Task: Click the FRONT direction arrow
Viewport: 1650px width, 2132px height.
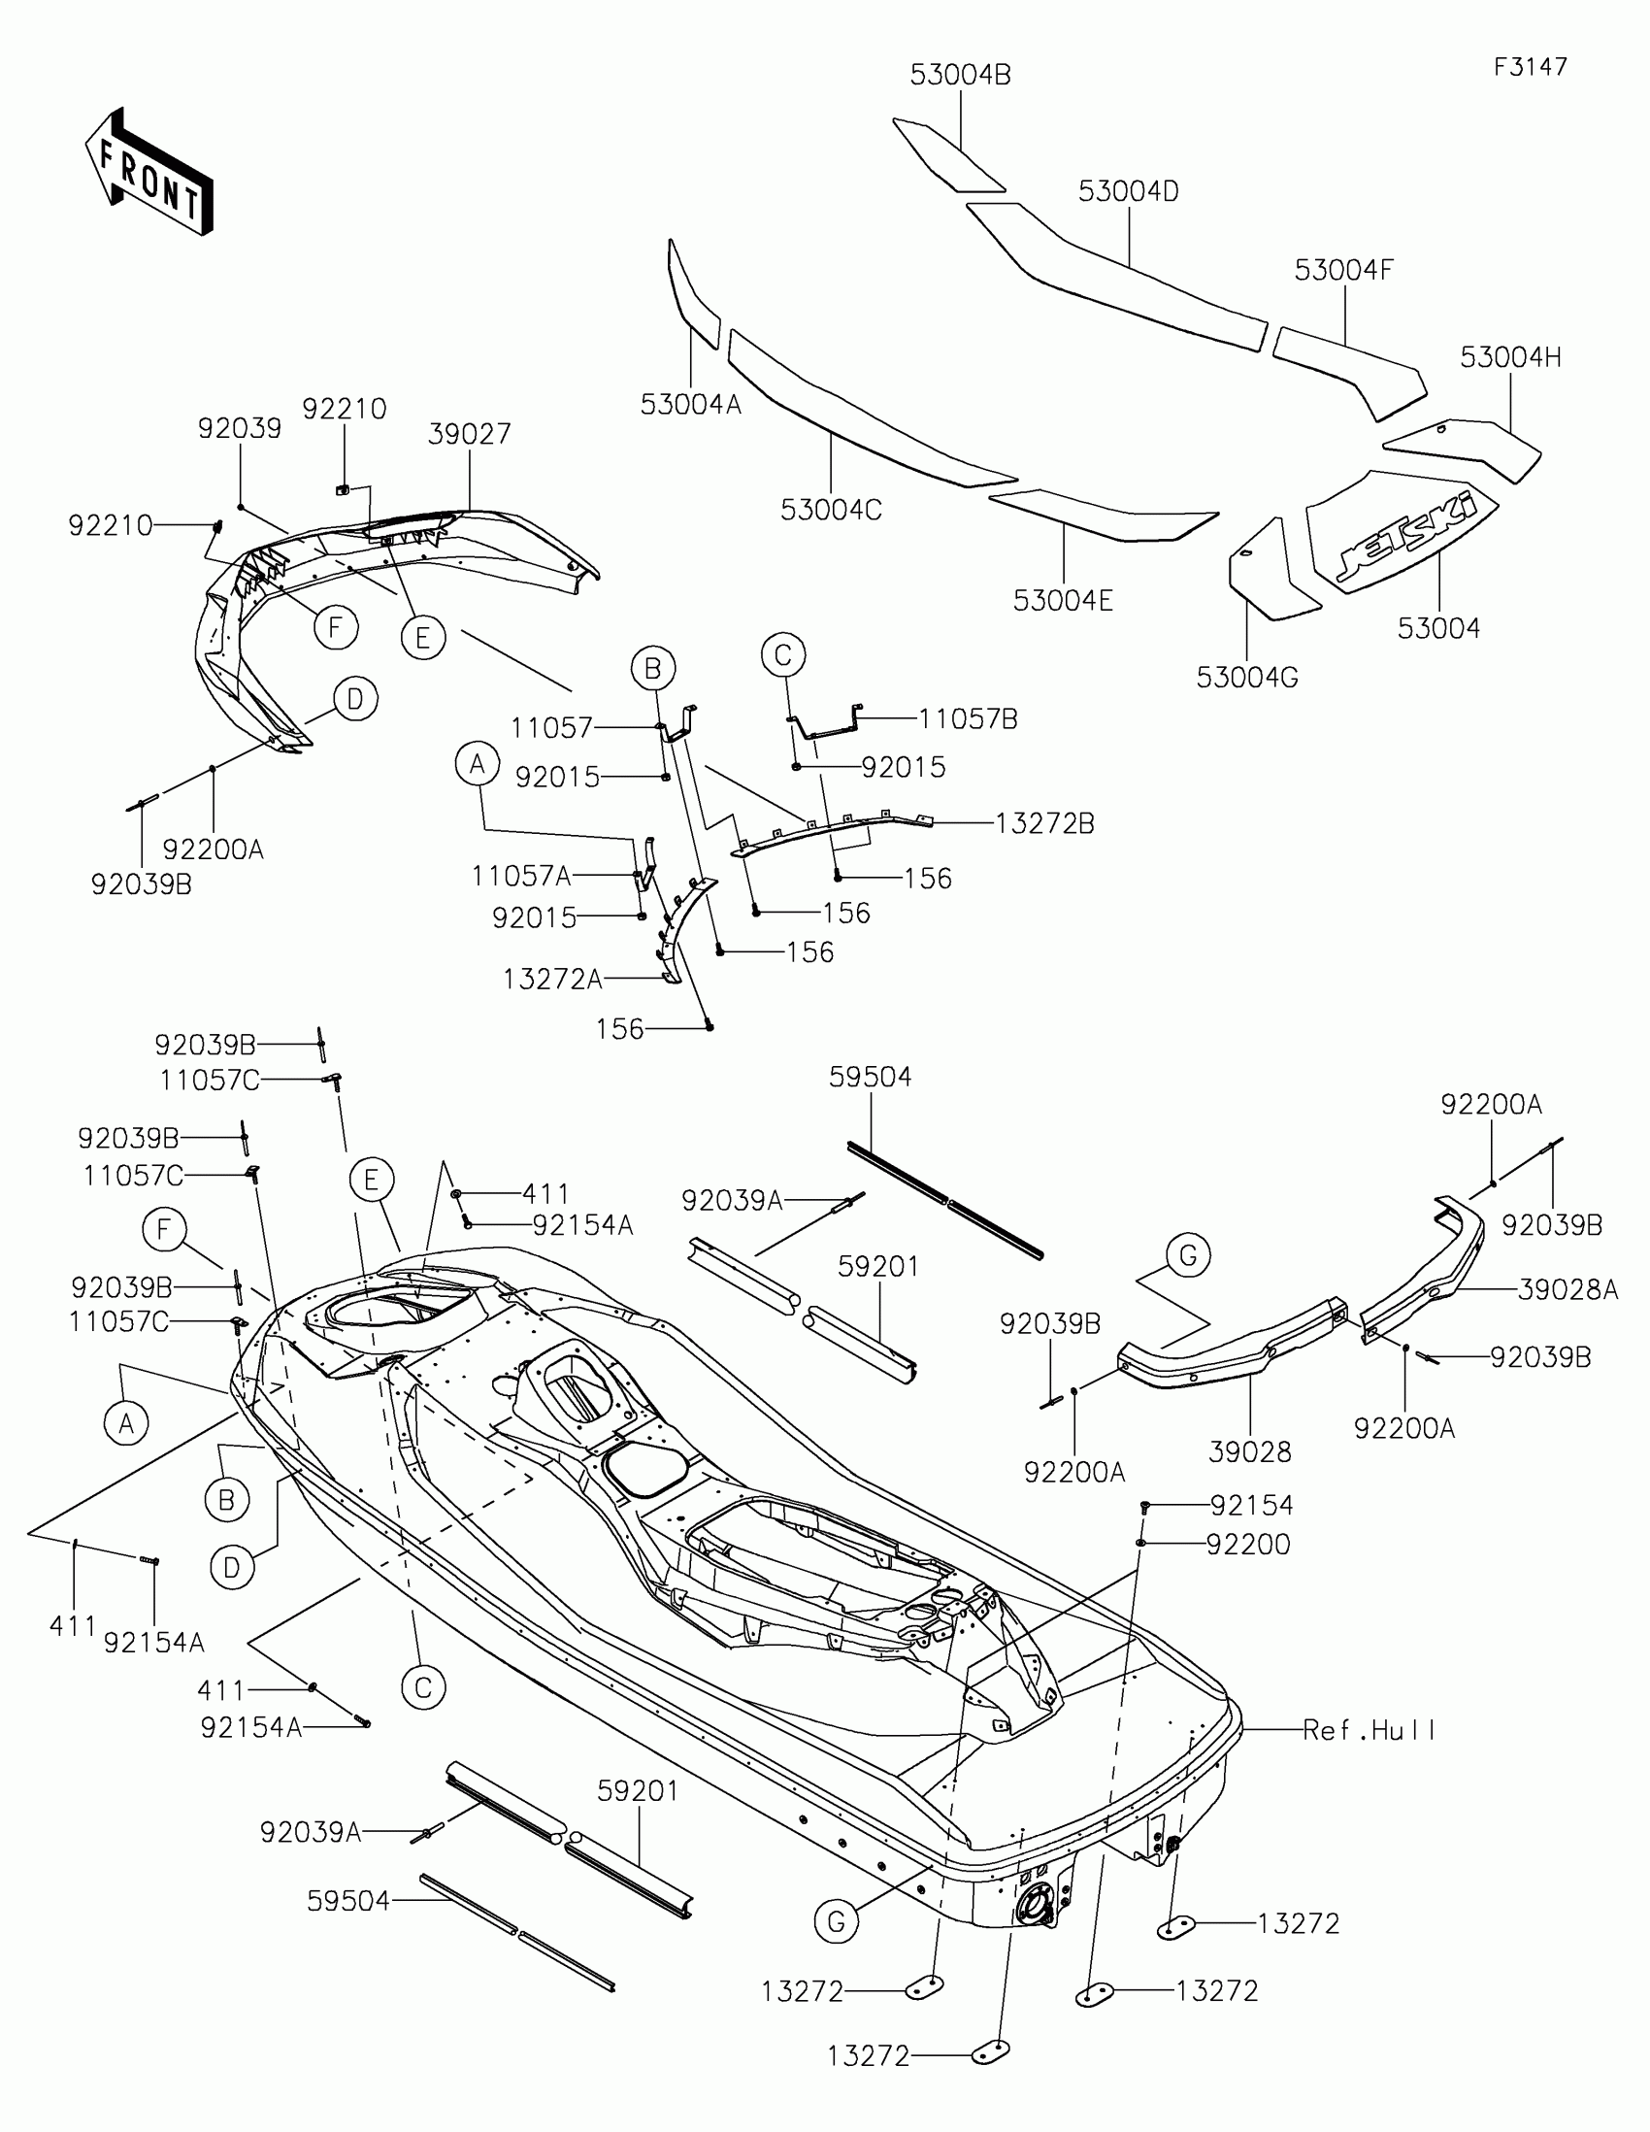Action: (x=149, y=173)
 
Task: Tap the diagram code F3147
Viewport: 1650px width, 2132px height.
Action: (x=1530, y=67)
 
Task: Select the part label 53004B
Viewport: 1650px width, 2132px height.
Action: (x=960, y=75)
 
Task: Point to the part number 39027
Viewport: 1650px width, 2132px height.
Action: (x=470, y=433)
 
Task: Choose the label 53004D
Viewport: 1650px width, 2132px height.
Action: (x=1128, y=191)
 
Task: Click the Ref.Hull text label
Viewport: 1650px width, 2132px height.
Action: (x=1369, y=1730)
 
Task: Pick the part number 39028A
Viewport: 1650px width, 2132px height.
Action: (x=1567, y=1289)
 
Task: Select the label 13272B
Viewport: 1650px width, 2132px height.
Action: (x=1044, y=824)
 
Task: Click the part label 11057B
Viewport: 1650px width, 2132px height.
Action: (x=968, y=719)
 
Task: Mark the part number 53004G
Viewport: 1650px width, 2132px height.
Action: (x=1247, y=678)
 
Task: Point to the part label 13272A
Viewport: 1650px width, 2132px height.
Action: (x=552, y=980)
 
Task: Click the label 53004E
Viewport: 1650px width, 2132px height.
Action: (x=1063, y=600)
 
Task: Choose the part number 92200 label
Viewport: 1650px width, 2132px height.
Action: (x=1248, y=1545)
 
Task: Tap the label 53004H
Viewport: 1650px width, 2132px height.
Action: (x=1510, y=358)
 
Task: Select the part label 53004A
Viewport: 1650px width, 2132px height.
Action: (x=691, y=404)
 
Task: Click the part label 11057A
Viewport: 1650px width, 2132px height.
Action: (x=521, y=876)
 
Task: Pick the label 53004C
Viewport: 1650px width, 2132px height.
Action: (x=831, y=510)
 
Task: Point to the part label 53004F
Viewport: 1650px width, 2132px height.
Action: (x=1343, y=271)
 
